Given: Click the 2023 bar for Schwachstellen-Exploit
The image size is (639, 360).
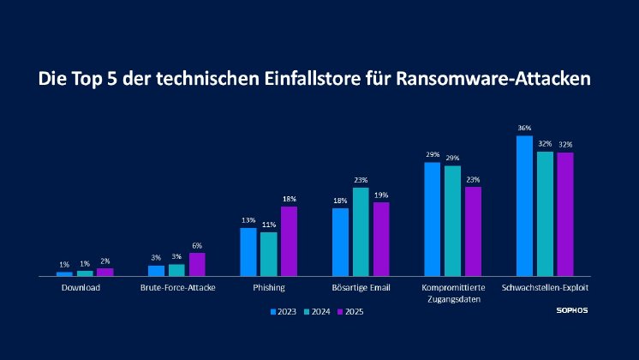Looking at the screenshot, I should click(525, 206).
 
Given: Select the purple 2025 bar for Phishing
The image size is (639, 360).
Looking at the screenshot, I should click(289, 241).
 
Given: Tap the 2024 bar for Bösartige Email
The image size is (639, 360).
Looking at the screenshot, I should click(361, 231).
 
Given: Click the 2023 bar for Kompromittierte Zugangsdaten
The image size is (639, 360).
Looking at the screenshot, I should click(433, 219).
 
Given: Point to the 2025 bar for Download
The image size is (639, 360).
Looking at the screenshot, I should click(105, 272).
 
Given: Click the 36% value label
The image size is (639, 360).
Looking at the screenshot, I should click(524, 129).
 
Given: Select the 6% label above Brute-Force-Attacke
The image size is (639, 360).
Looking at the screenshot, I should click(197, 246).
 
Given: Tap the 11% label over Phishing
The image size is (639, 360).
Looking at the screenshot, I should click(269, 225).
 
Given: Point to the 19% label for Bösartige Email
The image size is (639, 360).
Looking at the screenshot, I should click(381, 195).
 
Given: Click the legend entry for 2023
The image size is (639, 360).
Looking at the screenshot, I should click(284, 312).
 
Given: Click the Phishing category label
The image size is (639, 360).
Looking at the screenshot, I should click(268, 287).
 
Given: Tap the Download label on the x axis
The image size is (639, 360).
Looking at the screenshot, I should click(81, 287).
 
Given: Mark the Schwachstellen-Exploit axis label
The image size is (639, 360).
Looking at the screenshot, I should click(545, 287).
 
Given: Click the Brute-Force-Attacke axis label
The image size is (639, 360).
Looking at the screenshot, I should click(177, 287).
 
